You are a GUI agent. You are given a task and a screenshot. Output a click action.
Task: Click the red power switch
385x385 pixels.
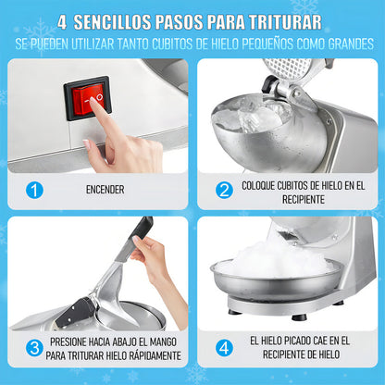[87, 98]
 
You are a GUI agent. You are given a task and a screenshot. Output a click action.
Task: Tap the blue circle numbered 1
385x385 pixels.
[34, 190]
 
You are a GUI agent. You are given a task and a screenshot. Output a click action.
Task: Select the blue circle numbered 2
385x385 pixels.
[224, 190]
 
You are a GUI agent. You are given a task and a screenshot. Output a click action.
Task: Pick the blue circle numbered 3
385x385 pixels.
[34, 348]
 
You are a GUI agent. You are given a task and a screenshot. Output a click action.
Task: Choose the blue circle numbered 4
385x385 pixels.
[224, 348]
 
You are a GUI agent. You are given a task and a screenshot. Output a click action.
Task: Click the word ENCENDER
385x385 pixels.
[106, 190]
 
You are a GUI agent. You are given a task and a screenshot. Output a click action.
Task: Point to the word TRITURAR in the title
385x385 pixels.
[285, 22]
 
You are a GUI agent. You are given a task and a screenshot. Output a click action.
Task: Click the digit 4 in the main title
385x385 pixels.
[62, 22]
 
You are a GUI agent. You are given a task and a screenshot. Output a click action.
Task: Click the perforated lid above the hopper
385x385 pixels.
[288, 68]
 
